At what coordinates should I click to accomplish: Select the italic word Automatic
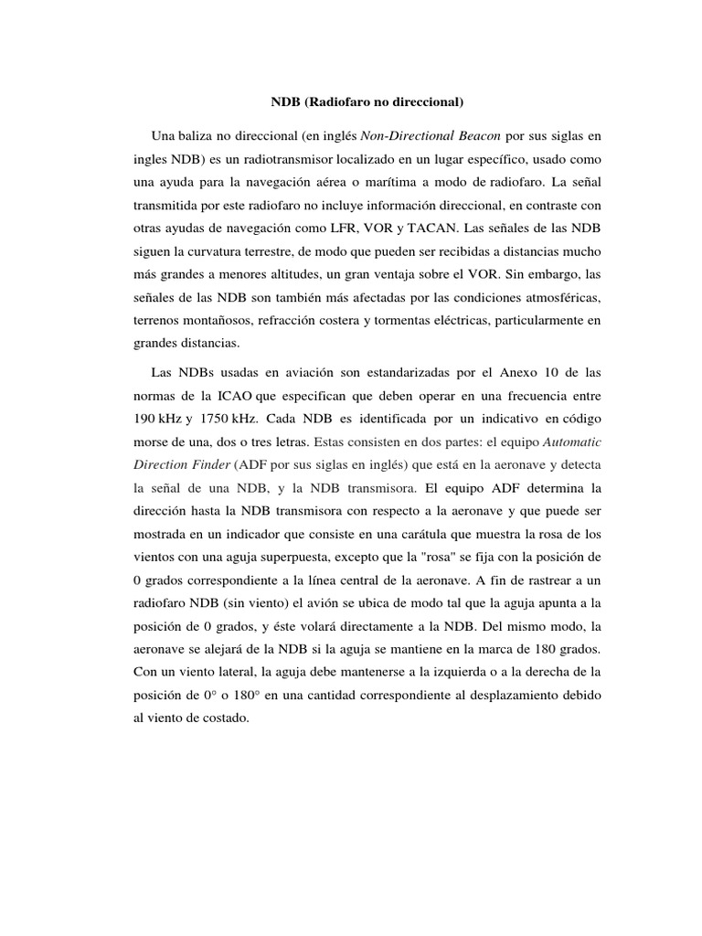pos(572,445)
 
